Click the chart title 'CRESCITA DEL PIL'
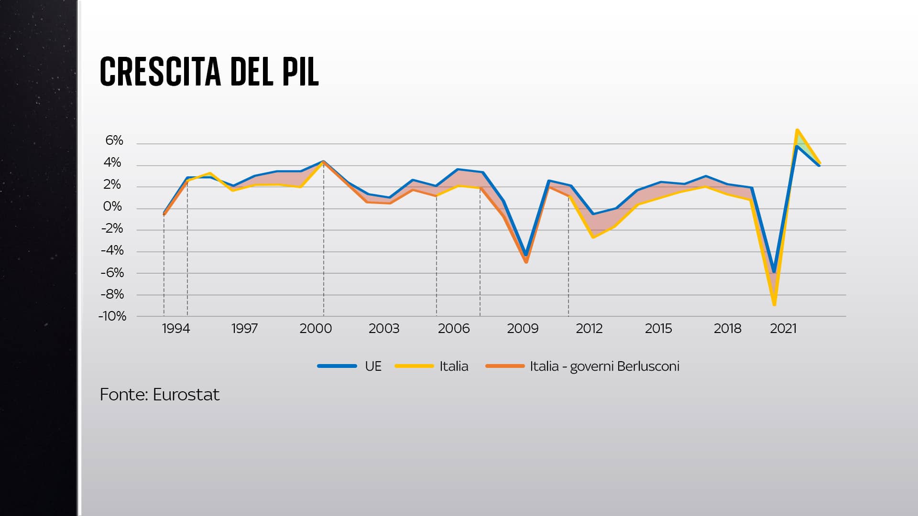click(x=209, y=72)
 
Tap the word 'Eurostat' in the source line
click(x=186, y=395)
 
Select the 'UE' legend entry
click(x=373, y=366)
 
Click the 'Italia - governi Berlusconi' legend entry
click(x=604, y=366)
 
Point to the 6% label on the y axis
click(x=114, y=140)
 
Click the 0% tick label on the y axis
click(x=112, y=207)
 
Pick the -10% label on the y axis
click(x=112, y=316)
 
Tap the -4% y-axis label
click(x=112, y=250)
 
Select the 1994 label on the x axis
click(x=176, y=329)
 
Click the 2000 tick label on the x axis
click(x=316, y=329)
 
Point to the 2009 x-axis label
click(x=523, y=329)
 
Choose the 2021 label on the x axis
click(x=783, y=329)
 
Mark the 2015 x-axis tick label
click(x=658, y=329)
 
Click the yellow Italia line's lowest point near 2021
click(x=774, y=304)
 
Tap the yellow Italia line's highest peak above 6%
click(x=797, y=130)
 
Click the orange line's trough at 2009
click(x=526, y=262)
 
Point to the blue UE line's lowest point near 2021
click(x=774, y=272)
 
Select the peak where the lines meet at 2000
click(x=324, y=162)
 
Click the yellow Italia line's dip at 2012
click(x=593, y=237)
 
